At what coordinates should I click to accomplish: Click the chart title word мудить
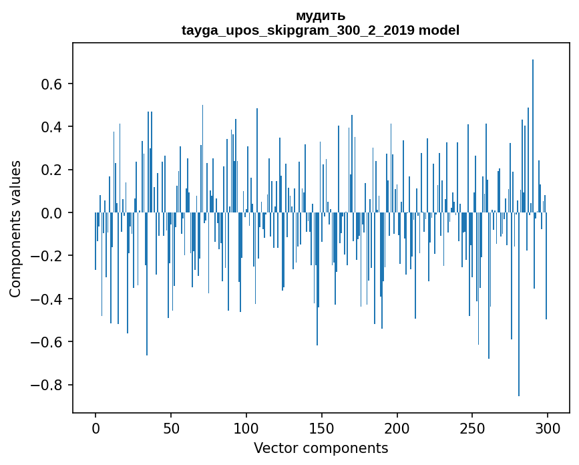click(321, 16)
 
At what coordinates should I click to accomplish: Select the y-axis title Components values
click(15, 228)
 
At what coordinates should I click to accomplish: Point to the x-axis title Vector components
click(321, 448)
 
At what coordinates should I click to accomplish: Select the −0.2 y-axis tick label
click(47, 256)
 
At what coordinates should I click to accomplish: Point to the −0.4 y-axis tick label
click(47, 299)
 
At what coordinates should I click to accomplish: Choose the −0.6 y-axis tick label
click(47, 342)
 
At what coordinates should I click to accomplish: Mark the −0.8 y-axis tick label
click(47, 385)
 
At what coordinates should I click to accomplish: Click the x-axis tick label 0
click(95, 428)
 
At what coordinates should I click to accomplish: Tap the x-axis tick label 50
click(171, 428)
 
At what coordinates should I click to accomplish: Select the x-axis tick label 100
click(246, 428)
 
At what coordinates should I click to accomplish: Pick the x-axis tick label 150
click(322, 428)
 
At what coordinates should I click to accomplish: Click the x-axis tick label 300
click(548, 428)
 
